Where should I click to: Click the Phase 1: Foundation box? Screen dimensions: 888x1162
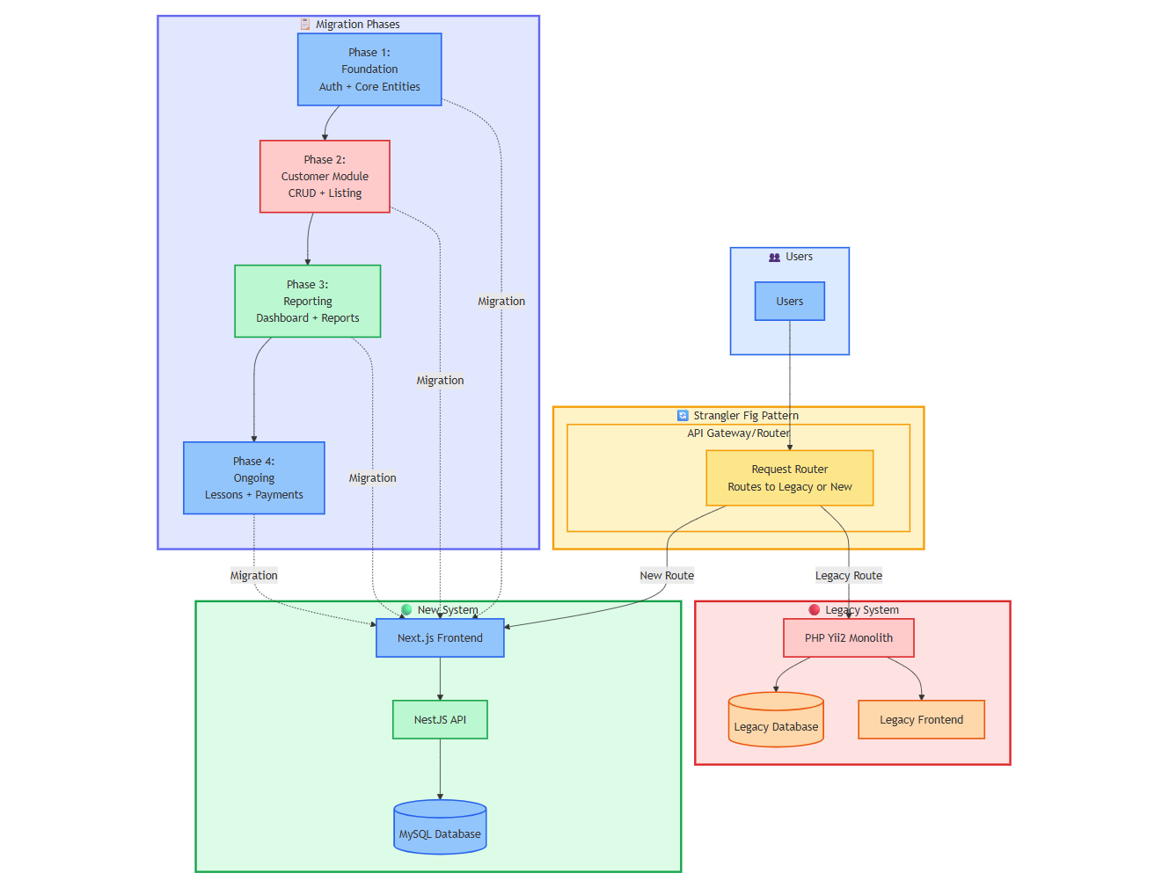pyautogui.click(x=369, y=69)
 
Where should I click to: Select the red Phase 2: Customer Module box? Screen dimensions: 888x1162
pyautogui.click(x=325, y=176)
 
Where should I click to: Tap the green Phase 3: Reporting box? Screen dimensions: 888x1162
pyautogui.click(x=308, y=301)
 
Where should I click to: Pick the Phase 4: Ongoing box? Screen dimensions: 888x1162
pyautogui.click(x=254, y=477)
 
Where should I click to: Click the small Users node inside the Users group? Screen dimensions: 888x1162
pyautogui.click(x=789, y=301)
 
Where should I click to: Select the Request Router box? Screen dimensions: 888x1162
pyautogui.click(x=789, y=477)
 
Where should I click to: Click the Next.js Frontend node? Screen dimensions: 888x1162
pyautogui.click(x=440, y=637)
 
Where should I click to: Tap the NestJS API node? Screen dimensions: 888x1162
pyautogui.click(x=440, y=719)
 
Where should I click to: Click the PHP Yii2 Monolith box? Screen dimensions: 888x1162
pyautogui.click(x=848, y=637)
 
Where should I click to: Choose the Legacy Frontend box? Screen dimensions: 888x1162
pyautogui.click(x=921, y=719)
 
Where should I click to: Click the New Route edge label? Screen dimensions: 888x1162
pyautogui.click(x=667, y=576)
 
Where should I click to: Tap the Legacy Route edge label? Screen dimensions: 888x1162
pyautogui.click(x=848, y=576)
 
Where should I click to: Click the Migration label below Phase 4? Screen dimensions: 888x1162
pyautogui.click(x=254, y=576)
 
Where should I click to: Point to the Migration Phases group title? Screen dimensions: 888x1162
pyautogui.click(x=357, y=25)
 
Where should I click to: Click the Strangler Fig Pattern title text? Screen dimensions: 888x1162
pyautogui.click(x=745, y=416)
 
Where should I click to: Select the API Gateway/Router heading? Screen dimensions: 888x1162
pyautogui.click(x=738, y=433)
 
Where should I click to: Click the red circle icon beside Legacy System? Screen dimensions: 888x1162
pyautogui.click(x=814, y=609)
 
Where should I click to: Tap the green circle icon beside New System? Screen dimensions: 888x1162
pyautogui.click(x=406, y=609)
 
